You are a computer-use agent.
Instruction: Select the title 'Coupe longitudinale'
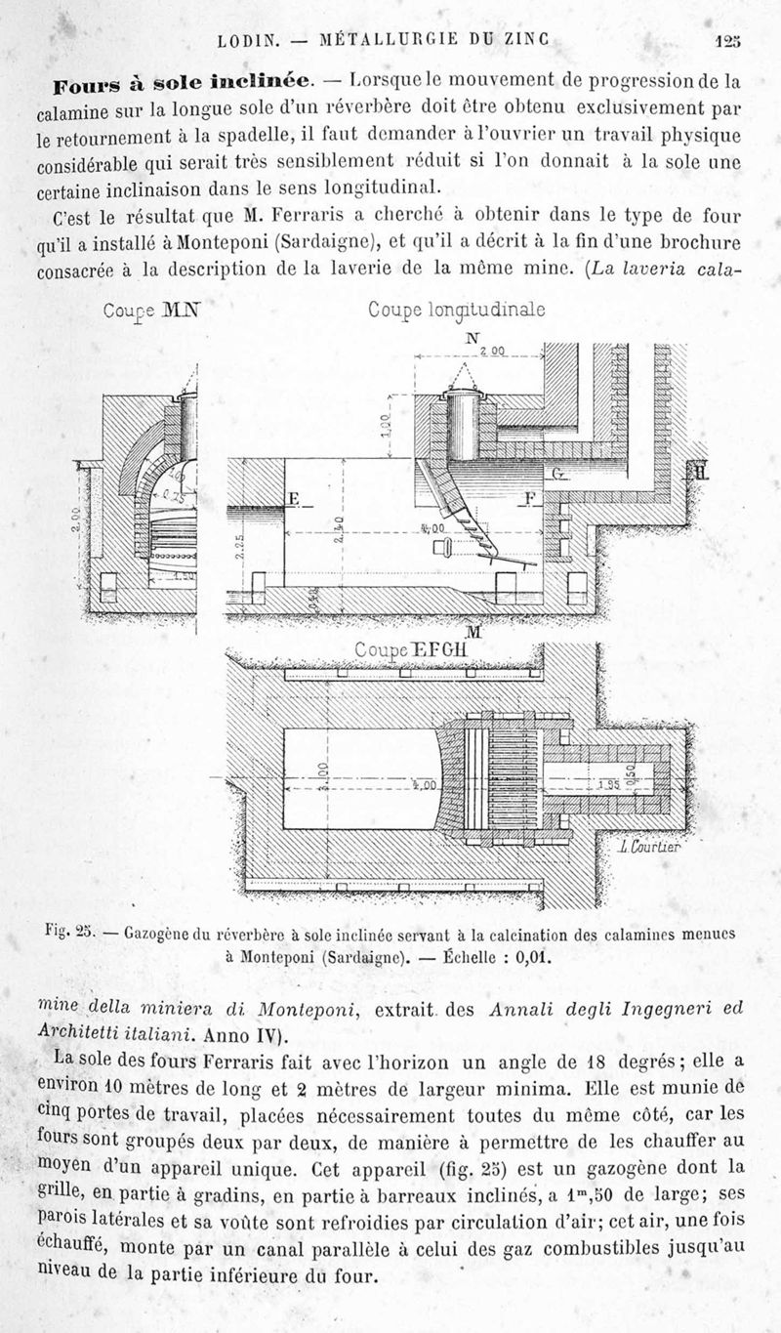456,310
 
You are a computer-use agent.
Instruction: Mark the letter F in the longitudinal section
530,498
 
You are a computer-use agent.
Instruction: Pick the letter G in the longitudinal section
557,474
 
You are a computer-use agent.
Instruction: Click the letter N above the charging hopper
473,339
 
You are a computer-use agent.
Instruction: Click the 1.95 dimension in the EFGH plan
608,784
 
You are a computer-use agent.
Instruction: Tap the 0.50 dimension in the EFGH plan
657,769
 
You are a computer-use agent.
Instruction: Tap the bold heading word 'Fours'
86,78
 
